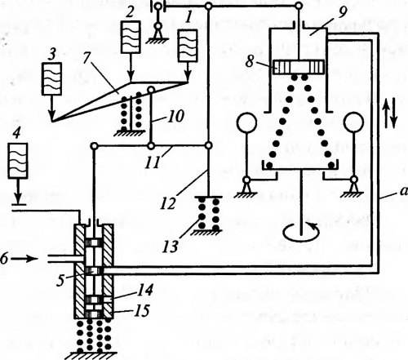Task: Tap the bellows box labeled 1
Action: tap(187, 46)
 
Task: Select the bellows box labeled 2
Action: tap(131, 37)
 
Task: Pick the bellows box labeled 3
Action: tap(51, 79)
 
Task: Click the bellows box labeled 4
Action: tap(18, 161)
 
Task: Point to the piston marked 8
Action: tap(299, 67)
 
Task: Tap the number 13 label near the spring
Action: tap(171, 247)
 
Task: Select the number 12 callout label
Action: tap(168, 203)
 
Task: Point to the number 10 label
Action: tap(175, 116)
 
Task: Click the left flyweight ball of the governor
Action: tap(246, 122)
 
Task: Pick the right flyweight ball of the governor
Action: tap(353, 122)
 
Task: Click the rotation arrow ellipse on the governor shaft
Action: tap(301, 239)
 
